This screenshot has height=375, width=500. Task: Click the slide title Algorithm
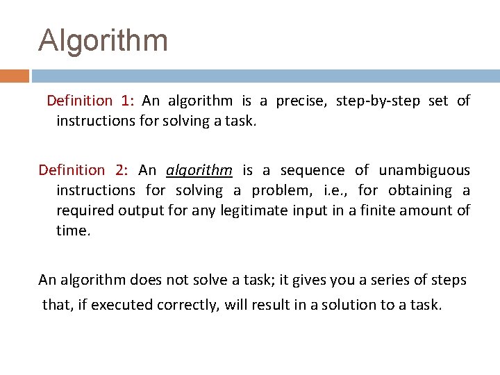point(103,40)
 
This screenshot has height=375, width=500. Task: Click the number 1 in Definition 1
point(126,101)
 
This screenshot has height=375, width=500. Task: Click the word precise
point(301,101)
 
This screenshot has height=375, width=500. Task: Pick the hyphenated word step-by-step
point(378,101)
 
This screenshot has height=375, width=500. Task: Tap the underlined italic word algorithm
point(199,171)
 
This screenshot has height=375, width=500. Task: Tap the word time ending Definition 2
point(72,231)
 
